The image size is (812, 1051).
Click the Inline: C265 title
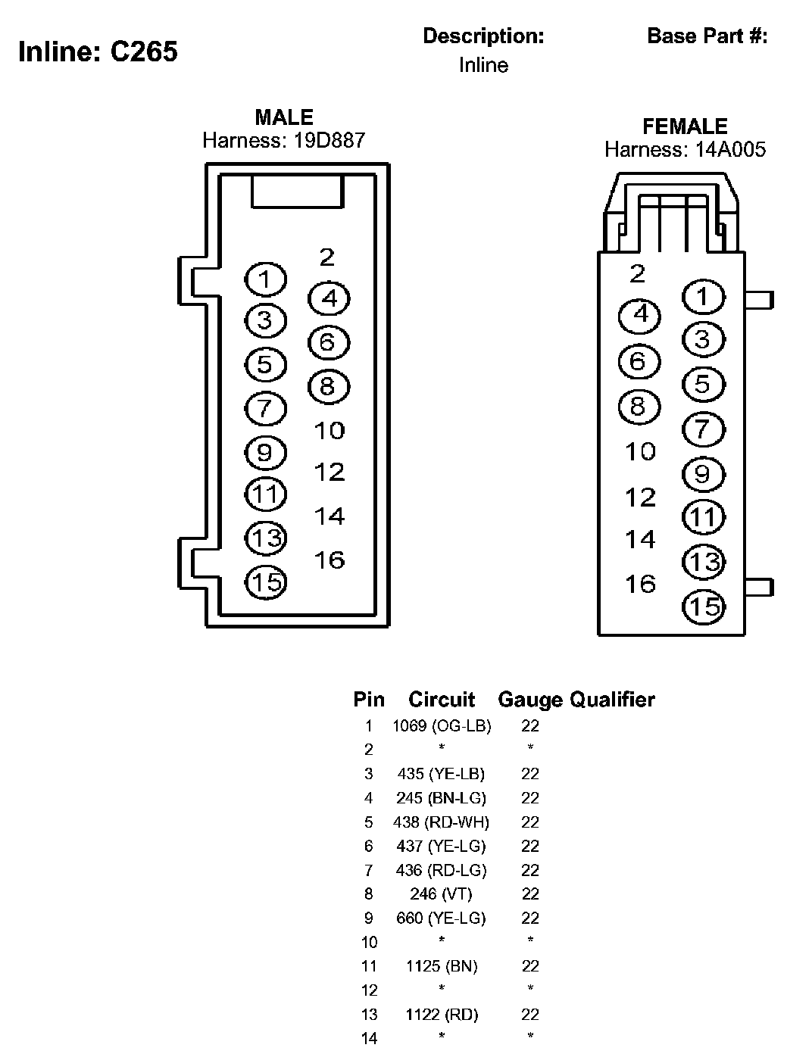[98, 51]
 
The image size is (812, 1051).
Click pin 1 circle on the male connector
[265, 280]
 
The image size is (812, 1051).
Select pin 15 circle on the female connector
[704, 607]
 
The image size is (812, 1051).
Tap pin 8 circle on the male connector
[328, 387]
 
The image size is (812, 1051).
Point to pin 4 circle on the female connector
[639, 314]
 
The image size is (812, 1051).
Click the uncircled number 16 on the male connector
[329, 560]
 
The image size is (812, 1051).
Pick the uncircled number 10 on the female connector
[639, 452]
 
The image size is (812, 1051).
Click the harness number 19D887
[329, 140]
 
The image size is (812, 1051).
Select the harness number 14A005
[730, 149]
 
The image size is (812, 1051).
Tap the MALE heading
[284, 117]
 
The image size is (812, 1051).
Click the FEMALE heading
[685, 126]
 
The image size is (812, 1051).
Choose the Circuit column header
[442, 700]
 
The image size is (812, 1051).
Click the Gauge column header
[530, 700]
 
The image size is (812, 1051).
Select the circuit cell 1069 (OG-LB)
[442, 726]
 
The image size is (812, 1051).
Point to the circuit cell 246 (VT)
[442, 894]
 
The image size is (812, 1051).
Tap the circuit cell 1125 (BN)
[442, 966]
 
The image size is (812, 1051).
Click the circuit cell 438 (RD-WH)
[442, 822]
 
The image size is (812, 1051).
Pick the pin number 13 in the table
[369, 1015]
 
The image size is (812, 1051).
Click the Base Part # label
[707, 36]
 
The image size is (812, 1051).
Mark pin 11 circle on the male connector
[265, 494]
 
